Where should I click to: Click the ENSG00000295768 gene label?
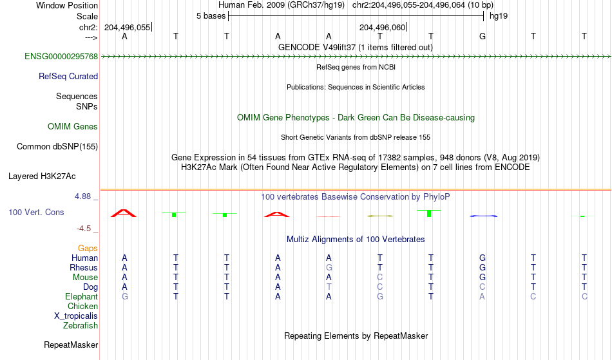[61, 57]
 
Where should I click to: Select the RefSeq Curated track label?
[68, 77]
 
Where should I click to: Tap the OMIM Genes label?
[73, 127]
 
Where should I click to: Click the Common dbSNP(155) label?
[57, 147]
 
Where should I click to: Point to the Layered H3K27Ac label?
[42, 176]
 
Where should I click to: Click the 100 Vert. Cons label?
[36, 212]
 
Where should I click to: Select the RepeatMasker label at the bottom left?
[71, 345]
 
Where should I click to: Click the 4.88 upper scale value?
[82, 196]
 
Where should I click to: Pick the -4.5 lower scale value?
[84, 228]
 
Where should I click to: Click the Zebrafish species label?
[81, 325]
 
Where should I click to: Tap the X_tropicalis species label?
[76, 316]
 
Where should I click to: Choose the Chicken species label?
[82, 306]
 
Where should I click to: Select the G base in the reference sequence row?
[483, 36]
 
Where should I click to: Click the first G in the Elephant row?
[125, 296]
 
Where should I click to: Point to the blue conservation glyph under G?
[483, 216]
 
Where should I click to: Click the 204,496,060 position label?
[383, 27]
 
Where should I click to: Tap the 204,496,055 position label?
[128, 27]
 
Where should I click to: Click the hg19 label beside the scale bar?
[499, 16]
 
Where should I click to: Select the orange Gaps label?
[88, 249]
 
